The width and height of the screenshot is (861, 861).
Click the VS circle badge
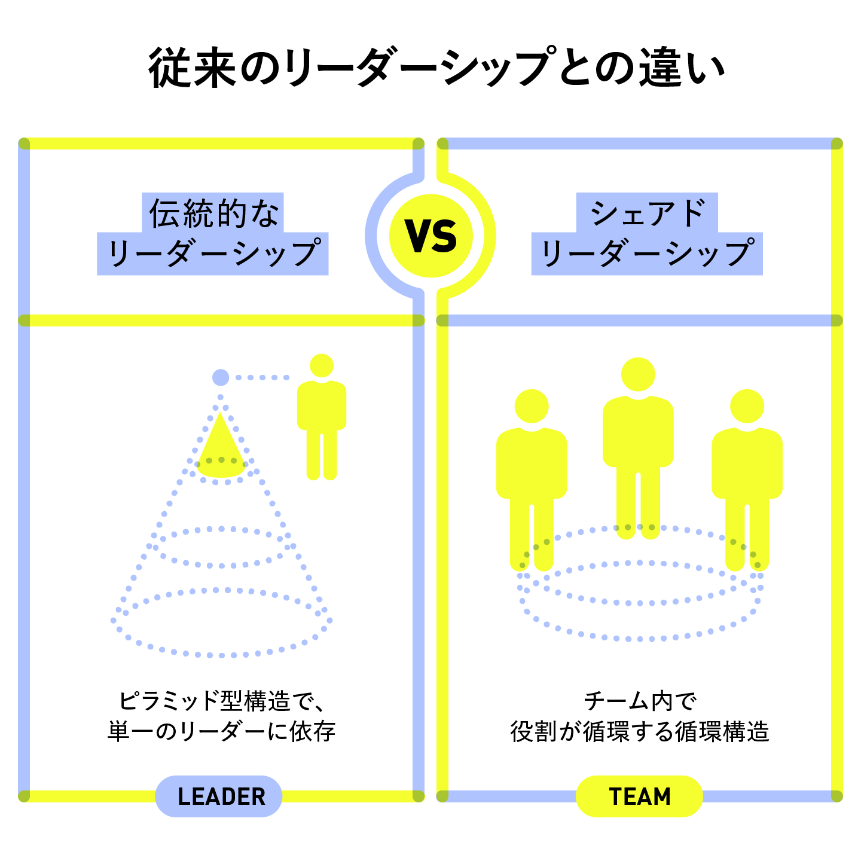click(x=430, y=236)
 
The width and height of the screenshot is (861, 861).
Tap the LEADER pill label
click(x=219, y=796)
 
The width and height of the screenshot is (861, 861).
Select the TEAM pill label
click(x=639, y=796)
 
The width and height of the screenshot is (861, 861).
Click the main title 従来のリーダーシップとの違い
click(x=436, y=67)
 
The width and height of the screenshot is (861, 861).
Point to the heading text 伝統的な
click(x=213, y=213)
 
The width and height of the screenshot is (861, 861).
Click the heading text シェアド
click(x=647, y=213)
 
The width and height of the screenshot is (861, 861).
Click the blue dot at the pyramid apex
click(x=221, y=377)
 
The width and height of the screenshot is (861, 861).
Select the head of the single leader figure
click(x=322, y=365)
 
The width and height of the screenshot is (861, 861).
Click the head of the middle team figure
click(x=638, y=375)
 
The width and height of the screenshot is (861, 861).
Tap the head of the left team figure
click(x=532, y=406)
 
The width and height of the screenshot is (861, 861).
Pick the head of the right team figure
click(x=747, y=406)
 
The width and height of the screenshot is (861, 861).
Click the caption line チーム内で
click(x=639, y=701)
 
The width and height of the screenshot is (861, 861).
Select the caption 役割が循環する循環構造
click(x=639, y=731)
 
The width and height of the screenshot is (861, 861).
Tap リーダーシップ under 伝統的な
click(x=213, y=253)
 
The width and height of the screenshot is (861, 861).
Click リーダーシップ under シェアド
click(x=647, y=253)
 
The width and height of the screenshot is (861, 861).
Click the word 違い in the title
click(x=682, y=67)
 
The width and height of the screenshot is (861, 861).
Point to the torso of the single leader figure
click(x=322, y=407)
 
